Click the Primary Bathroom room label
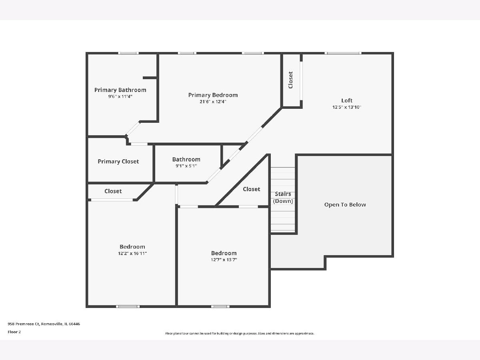click(120, 90)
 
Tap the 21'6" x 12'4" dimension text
click(213, 102)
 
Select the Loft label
click(347, 100)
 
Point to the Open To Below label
click(345, 204)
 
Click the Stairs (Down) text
click(283, 197)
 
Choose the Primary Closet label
click(118, 162)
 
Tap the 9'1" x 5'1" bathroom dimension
click(186, 166)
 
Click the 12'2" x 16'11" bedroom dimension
click(132, 253)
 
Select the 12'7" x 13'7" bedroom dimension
click(224, 260)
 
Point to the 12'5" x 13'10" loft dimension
click(347, 107)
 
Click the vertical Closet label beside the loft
click(291, 80)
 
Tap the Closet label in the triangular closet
click(252, 189)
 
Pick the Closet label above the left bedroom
click(113, 191)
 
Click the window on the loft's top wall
click(343, 53)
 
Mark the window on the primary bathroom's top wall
click(128, 53)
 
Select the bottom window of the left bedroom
click(128, 306)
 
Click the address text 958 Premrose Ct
click(24, 324)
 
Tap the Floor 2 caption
click(14, 332)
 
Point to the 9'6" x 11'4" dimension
click(120, 96)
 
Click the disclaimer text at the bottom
click(240, 333)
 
